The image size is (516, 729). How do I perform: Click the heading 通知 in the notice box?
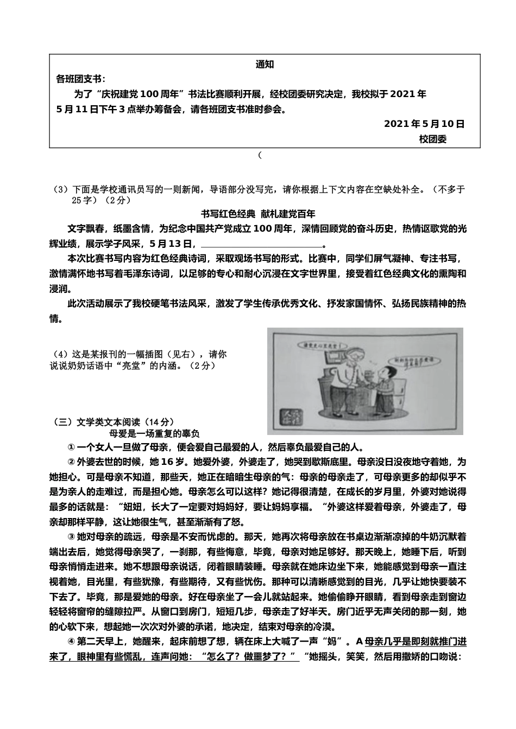tap(265, 65)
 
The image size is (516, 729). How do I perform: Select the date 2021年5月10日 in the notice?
tap(424, 124)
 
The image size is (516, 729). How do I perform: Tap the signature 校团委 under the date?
tap(433, 139)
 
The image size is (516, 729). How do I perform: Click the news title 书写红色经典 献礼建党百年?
tap(258, 214)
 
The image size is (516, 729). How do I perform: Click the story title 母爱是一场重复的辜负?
tap(155, 433)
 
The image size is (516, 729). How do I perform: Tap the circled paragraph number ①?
tap(71, 447)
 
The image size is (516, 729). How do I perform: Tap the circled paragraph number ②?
tap(71, 462)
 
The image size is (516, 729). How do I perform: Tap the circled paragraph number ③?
tap(71, 537)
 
